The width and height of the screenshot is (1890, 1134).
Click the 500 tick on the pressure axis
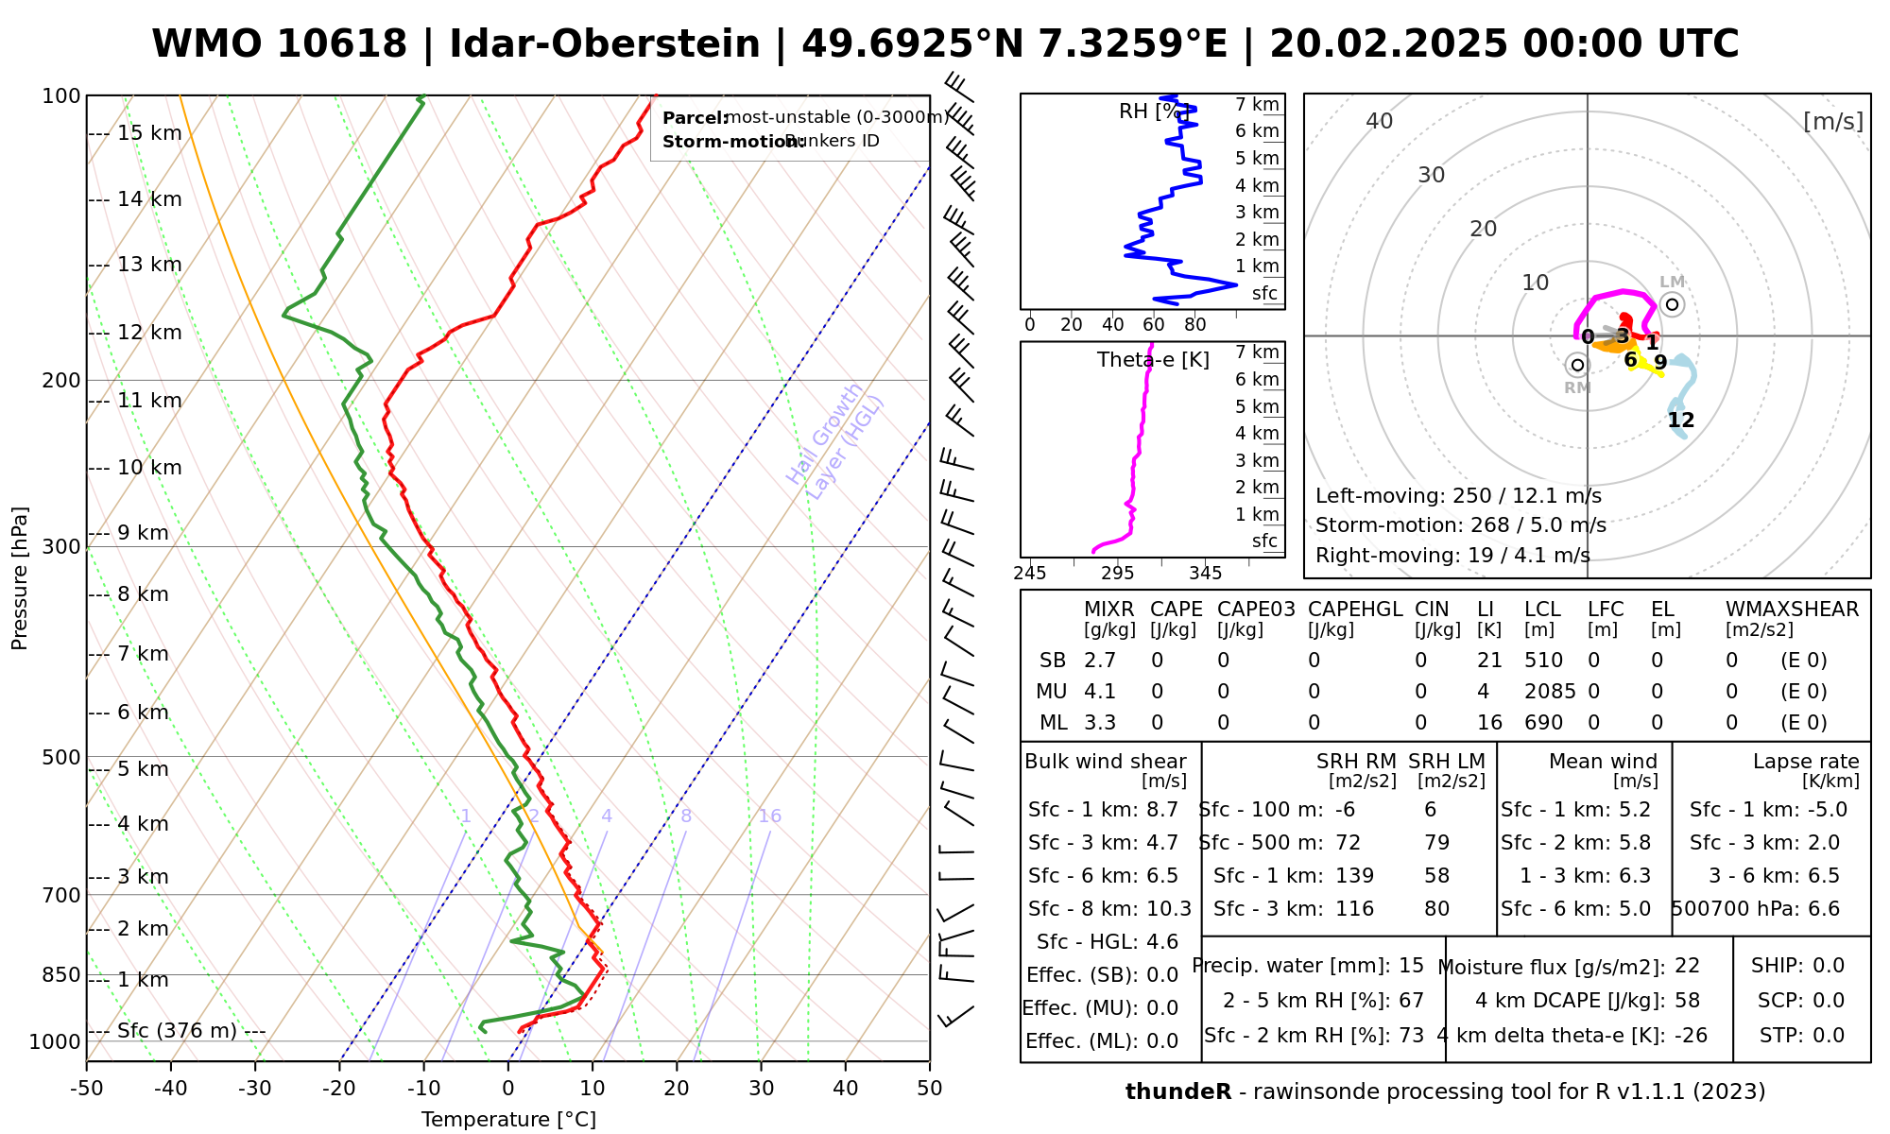click(63, 757)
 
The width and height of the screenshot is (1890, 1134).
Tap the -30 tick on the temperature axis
click(255, 1089)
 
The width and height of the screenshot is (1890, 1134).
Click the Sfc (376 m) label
click(177, 1030)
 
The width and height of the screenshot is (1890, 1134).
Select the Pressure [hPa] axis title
click(20, 578)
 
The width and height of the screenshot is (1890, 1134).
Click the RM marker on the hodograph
click(1577, 365)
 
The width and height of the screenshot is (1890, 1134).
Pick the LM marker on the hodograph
click(1672, 303)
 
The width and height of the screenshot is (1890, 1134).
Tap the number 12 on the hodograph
click(1681, 421)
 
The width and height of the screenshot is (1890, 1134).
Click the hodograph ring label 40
click(1380, 121)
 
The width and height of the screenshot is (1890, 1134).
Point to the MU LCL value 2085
click(1550, 692)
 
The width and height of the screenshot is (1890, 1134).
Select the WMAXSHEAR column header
click(1792, 610)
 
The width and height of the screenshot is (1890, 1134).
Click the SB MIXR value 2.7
click(1100, 661)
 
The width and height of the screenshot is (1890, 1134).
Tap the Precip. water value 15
click(1411, 966)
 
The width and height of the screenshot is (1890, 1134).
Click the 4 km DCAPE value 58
click(1687, 1001)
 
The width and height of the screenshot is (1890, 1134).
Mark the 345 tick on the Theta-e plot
click(1205, 574)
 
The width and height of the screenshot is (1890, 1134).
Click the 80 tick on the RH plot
click(1195, 325)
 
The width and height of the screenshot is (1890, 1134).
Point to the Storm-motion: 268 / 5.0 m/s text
click(1460, 525)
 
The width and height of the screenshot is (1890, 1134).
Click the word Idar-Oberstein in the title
click(605, 44)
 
